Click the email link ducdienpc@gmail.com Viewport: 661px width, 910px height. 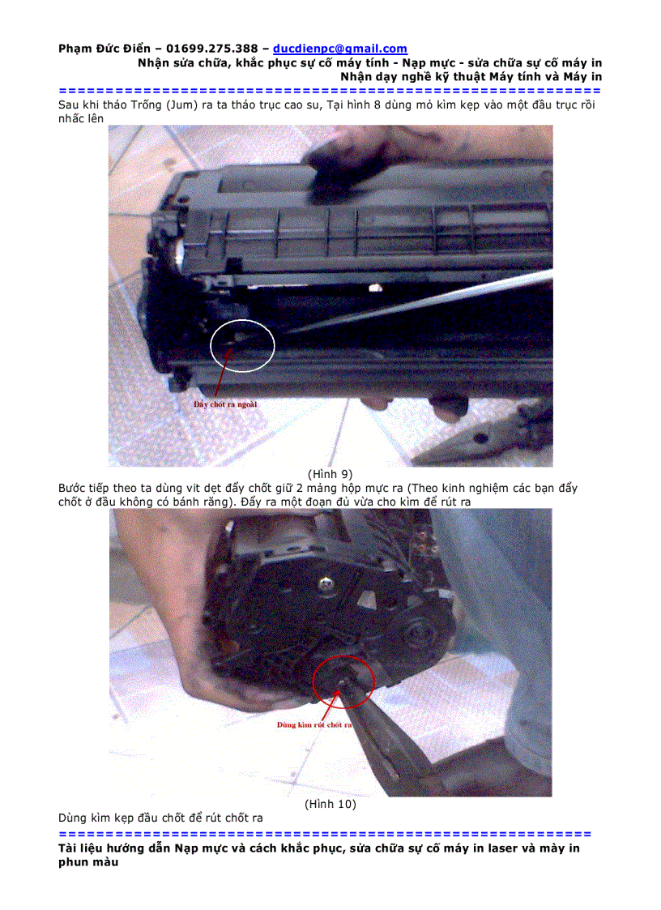(340, 49)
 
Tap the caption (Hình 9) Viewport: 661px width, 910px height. (330, 474)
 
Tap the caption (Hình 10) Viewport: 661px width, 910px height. (330, 805)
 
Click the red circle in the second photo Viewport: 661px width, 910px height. (343, 681)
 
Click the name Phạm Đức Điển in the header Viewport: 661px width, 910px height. (104, 49)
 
